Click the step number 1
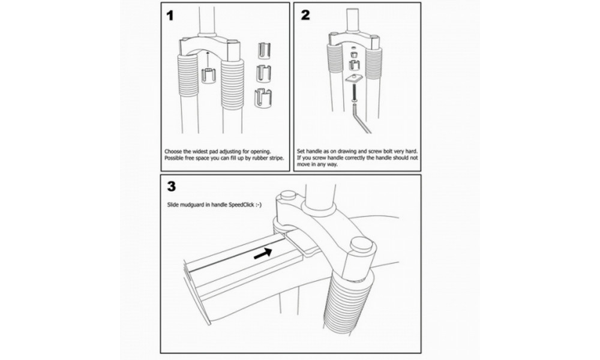click(x=170, y=16)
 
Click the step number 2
click(x=305, y=16)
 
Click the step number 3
click(x=172, y=186)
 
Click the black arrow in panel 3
click(x=263, y=253)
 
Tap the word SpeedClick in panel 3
click(x=241, y=205)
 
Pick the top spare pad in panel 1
click(x=264, y=51)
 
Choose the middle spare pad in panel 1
click(x=264, y=73)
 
